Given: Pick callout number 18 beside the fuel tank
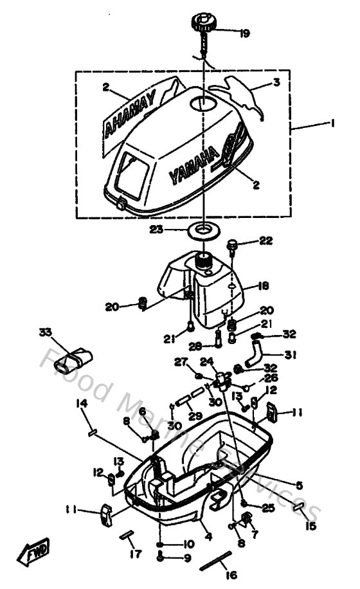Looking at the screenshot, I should coord(264,285).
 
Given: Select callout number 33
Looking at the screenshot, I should coord(44,332).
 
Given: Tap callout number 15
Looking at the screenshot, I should coord(311,526).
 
